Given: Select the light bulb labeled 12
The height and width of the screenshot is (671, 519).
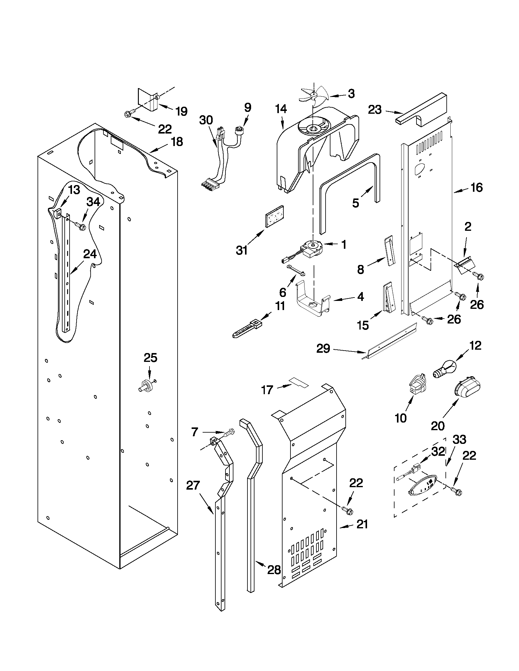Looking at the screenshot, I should tap(444, 370).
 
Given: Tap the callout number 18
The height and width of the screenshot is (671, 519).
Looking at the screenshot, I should tap(176, 142).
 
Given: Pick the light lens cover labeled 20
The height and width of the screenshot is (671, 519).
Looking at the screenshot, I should tap(466, 391).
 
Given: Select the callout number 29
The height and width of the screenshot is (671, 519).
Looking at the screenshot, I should tap(323, 349).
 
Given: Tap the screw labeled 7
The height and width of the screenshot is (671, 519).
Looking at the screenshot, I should tap(228, 433).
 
